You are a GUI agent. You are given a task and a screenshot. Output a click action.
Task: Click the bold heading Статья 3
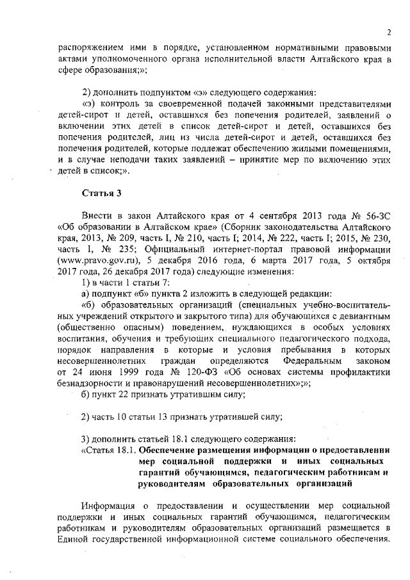(102, 193)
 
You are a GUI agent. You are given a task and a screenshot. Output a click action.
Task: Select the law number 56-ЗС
(375, 215)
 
